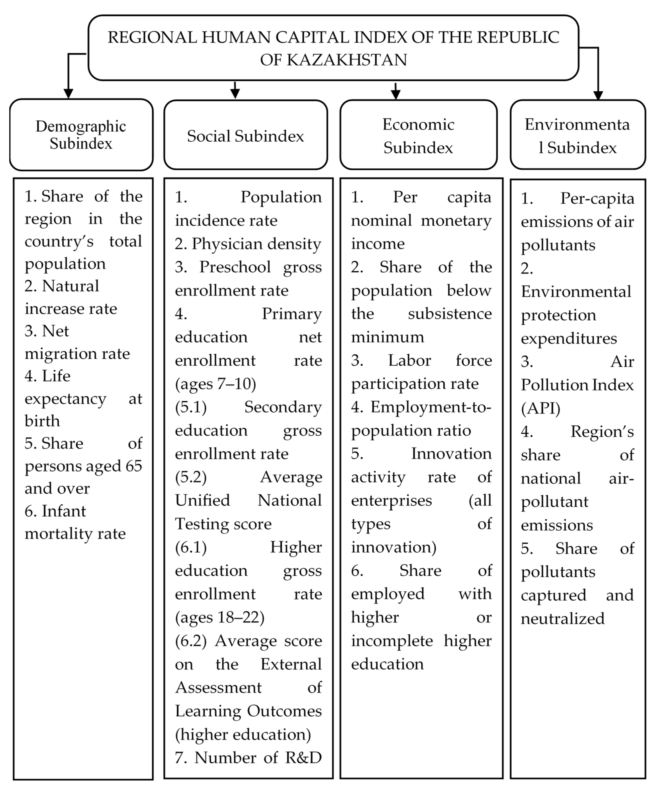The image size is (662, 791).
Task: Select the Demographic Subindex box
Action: (81, 135)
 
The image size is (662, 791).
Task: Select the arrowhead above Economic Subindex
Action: (395, 93)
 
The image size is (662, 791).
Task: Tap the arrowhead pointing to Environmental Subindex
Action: (598, 95)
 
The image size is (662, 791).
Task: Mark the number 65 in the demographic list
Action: (134, 466)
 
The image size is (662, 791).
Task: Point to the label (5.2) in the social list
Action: (191, 477)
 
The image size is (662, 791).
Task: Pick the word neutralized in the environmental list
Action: (563, 619)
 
